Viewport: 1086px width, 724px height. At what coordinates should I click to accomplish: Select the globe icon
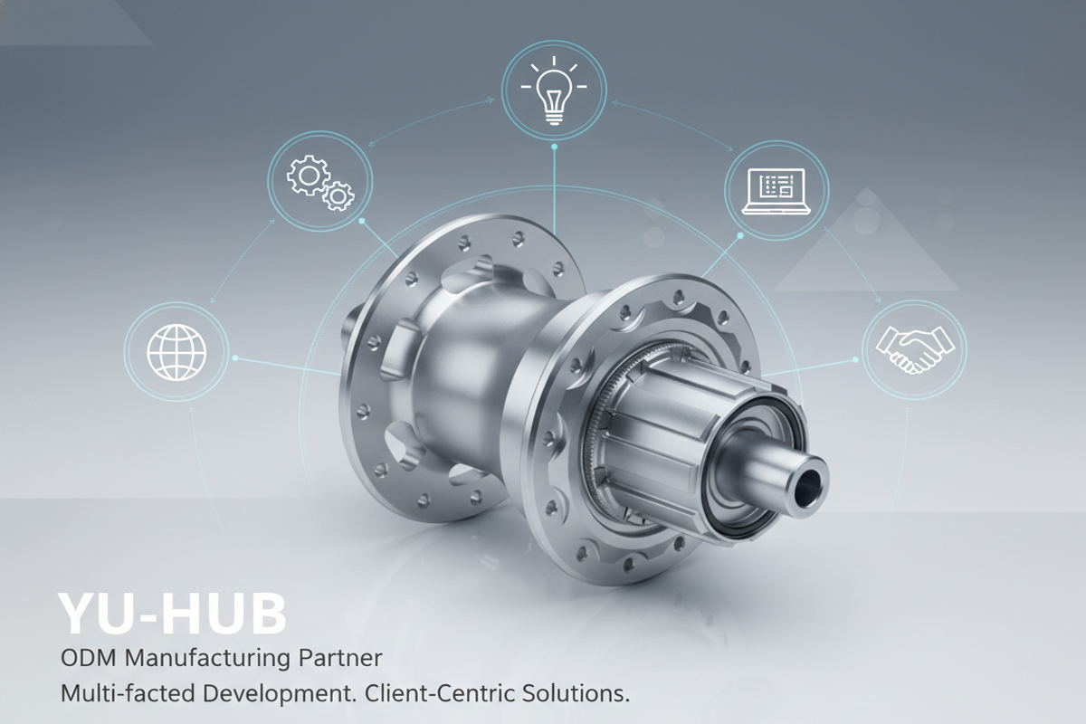click(x=176, y=352)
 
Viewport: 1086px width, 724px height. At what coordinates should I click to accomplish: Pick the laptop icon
click(x=776, y=191)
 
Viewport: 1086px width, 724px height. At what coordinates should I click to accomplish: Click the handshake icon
click(x=914, y=349)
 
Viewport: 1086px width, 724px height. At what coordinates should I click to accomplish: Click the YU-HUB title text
click(x=172, y=613)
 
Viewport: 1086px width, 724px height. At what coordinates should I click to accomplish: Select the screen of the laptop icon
click(x=776, y=186)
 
